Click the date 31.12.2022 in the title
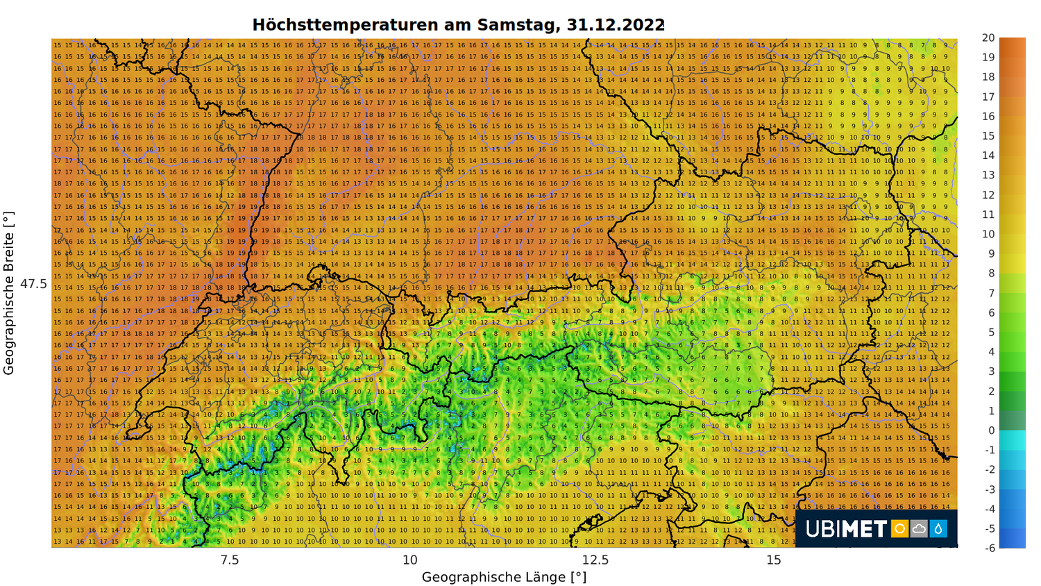pos(615,25)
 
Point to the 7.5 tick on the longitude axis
pos(229,560)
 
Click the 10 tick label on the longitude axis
pos(410,560)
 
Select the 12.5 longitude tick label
pos(595,560)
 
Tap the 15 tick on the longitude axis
pos(774,560)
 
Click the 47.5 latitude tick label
pos(33,284)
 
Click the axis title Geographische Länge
pos(504,577)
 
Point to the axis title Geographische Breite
pos(9,293)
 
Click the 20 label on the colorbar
pos(988,37)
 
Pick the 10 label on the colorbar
pos(988,234)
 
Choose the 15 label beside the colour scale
pos(988,135)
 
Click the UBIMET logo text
pos(846,530)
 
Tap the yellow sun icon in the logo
pos(899,529)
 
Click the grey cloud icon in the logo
pos(919,529)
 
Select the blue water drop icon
pos(938,529)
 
